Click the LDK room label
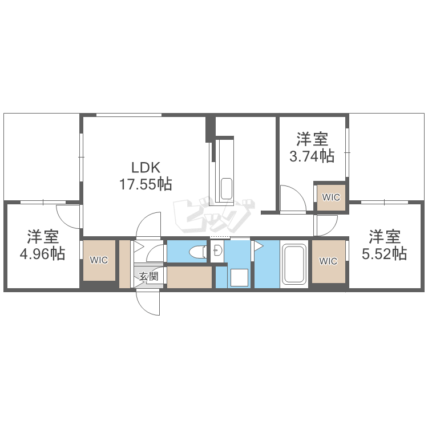coord(146,168)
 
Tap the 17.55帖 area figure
coord(146,184)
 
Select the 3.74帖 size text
coord(312,156)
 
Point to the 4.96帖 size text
coord(42,253)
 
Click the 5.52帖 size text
coord(384,253)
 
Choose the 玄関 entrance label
coord(149,276)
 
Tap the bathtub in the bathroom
coord(294,264)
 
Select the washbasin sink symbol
coord(218,251)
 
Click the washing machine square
coord(239,277)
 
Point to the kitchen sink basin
coord(227,189)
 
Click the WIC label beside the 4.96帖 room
coord(99,260)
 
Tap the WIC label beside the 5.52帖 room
coord(328,261)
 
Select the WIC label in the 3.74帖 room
coord(331,197)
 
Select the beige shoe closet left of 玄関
coord(124,264)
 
